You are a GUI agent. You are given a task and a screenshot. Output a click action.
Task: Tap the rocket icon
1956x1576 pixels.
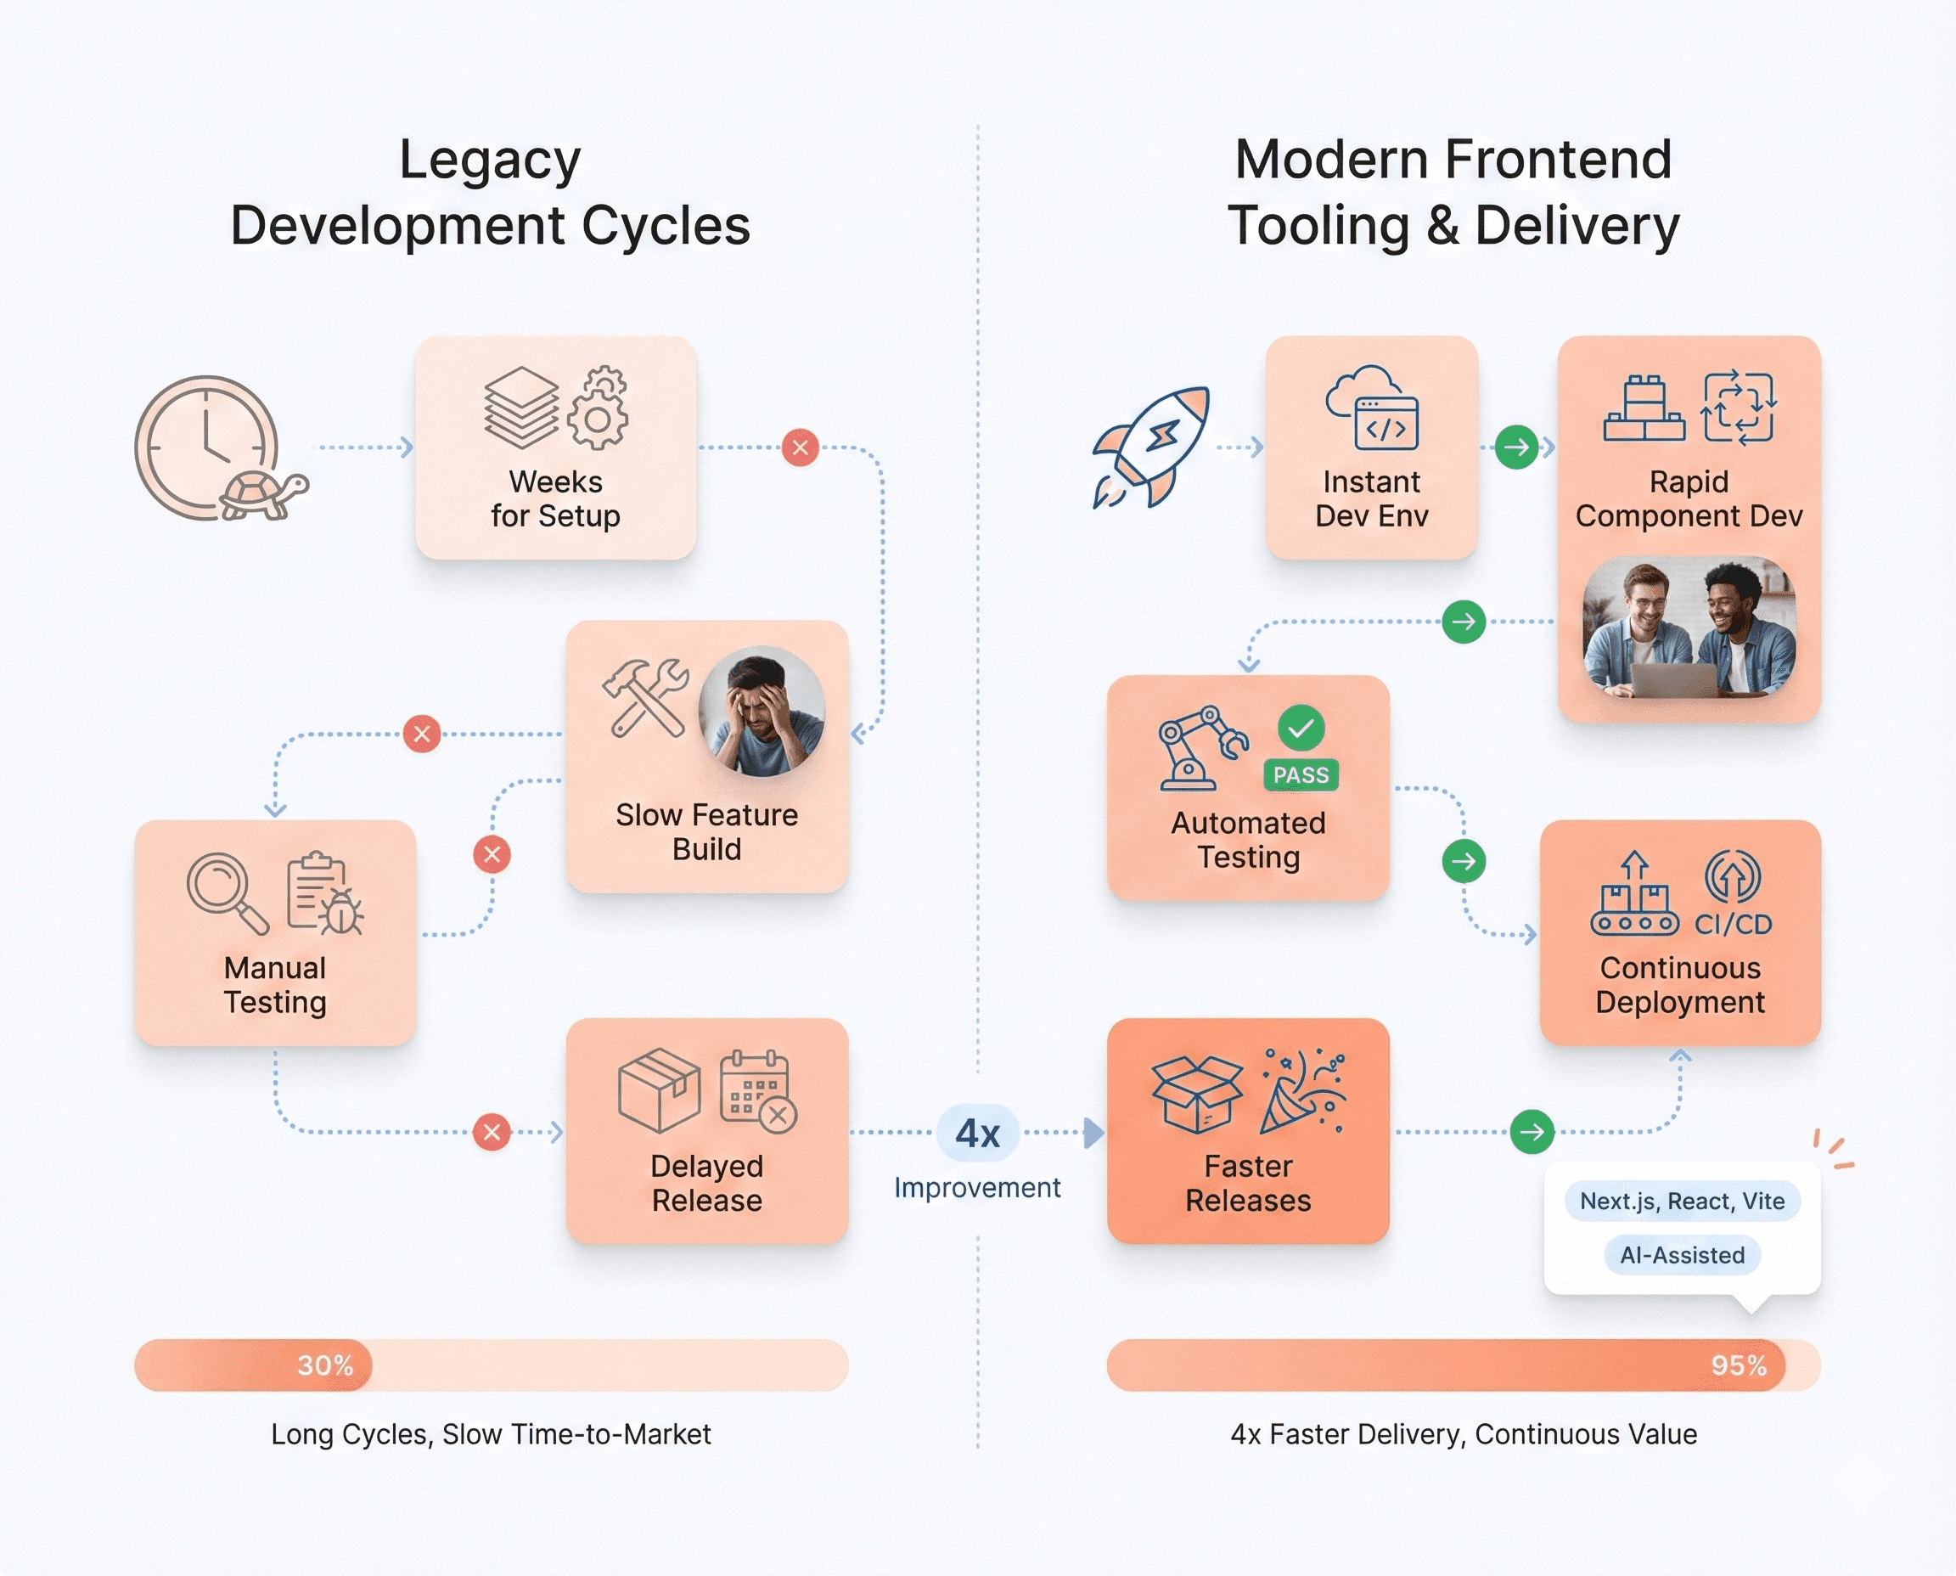click(1151, 447)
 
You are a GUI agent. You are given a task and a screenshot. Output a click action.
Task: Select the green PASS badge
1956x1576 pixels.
click(1301, 774)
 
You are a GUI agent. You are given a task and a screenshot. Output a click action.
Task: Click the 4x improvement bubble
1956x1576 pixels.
click(977, 1133)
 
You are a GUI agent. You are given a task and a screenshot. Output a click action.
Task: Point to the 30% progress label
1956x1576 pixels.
click(325, 1365)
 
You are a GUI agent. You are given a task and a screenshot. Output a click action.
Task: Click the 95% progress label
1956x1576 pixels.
click(1738, 1365)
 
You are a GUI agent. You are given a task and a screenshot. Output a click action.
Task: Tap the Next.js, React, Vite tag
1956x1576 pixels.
click(1682, 1201)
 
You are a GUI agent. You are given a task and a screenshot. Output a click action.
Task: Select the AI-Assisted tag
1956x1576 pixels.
click(1682, 1255)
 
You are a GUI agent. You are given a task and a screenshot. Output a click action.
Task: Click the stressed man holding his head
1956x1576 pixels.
click(762, 711)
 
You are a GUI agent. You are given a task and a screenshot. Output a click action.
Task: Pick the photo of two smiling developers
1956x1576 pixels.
click(1689, 628)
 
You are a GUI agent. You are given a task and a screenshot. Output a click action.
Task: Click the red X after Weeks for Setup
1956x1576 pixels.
click(800, 447)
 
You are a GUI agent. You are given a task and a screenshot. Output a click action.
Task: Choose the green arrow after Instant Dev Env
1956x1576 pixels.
click(1515, 447)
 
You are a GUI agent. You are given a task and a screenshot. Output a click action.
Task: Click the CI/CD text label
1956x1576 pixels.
click(1733, 924)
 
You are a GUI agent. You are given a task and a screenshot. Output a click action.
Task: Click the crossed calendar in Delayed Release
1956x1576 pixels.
click(758, 1092)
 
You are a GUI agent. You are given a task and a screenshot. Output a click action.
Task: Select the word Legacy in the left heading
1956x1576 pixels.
click(490, 160)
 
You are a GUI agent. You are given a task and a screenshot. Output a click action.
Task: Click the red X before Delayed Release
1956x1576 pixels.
click(491, 1132)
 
